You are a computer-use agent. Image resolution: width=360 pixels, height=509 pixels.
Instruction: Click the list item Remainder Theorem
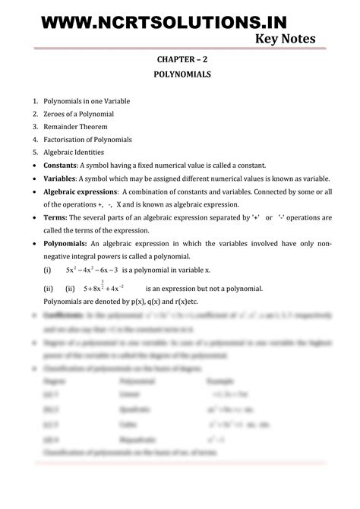point(74,126)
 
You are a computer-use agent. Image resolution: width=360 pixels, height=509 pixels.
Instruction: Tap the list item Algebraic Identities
point(74,152)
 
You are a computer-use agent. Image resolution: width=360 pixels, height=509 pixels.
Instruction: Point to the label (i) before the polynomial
point(47,270)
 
